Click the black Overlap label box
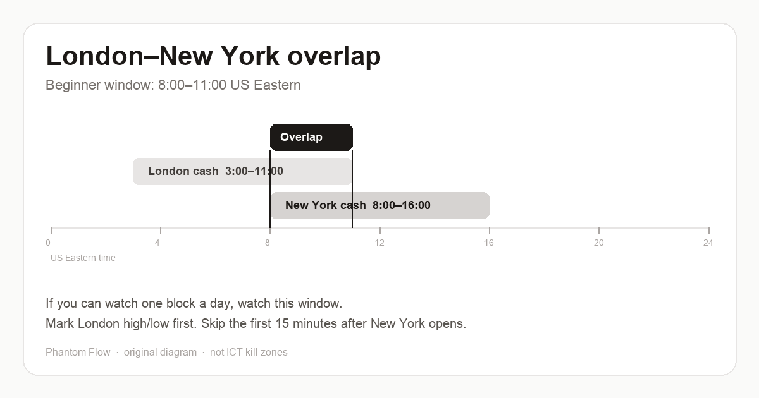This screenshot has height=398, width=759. tap(311, 137)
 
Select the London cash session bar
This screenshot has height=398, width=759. tap(242, 171)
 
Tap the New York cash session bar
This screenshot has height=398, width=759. tap(380, 205)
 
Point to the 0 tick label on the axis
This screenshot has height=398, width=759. tap(48, 243)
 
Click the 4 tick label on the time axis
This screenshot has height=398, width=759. tap(157, 243)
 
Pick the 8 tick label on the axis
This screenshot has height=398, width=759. tap(268, 243)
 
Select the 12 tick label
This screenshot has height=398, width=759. tap(379, 243)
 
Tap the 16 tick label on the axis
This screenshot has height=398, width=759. tap(489, 243)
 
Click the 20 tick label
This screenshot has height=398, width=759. tap(599, 243)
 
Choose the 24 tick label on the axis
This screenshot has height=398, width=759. tap(708, 243)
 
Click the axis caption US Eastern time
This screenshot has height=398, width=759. tap(83, 258)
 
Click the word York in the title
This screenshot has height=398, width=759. tap(250, 56)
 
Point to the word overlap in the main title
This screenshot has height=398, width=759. tap(334, 57)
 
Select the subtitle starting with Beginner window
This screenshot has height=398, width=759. tap(173, 85)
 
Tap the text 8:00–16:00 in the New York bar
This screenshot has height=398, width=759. tap(402, 205)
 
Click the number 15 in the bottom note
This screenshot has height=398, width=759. tap(282, 323)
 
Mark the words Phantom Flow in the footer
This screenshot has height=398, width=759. tap(78, 352)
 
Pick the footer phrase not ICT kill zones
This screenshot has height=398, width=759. tap(249, 352)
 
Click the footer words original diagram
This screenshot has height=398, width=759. tap(160, 353)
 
